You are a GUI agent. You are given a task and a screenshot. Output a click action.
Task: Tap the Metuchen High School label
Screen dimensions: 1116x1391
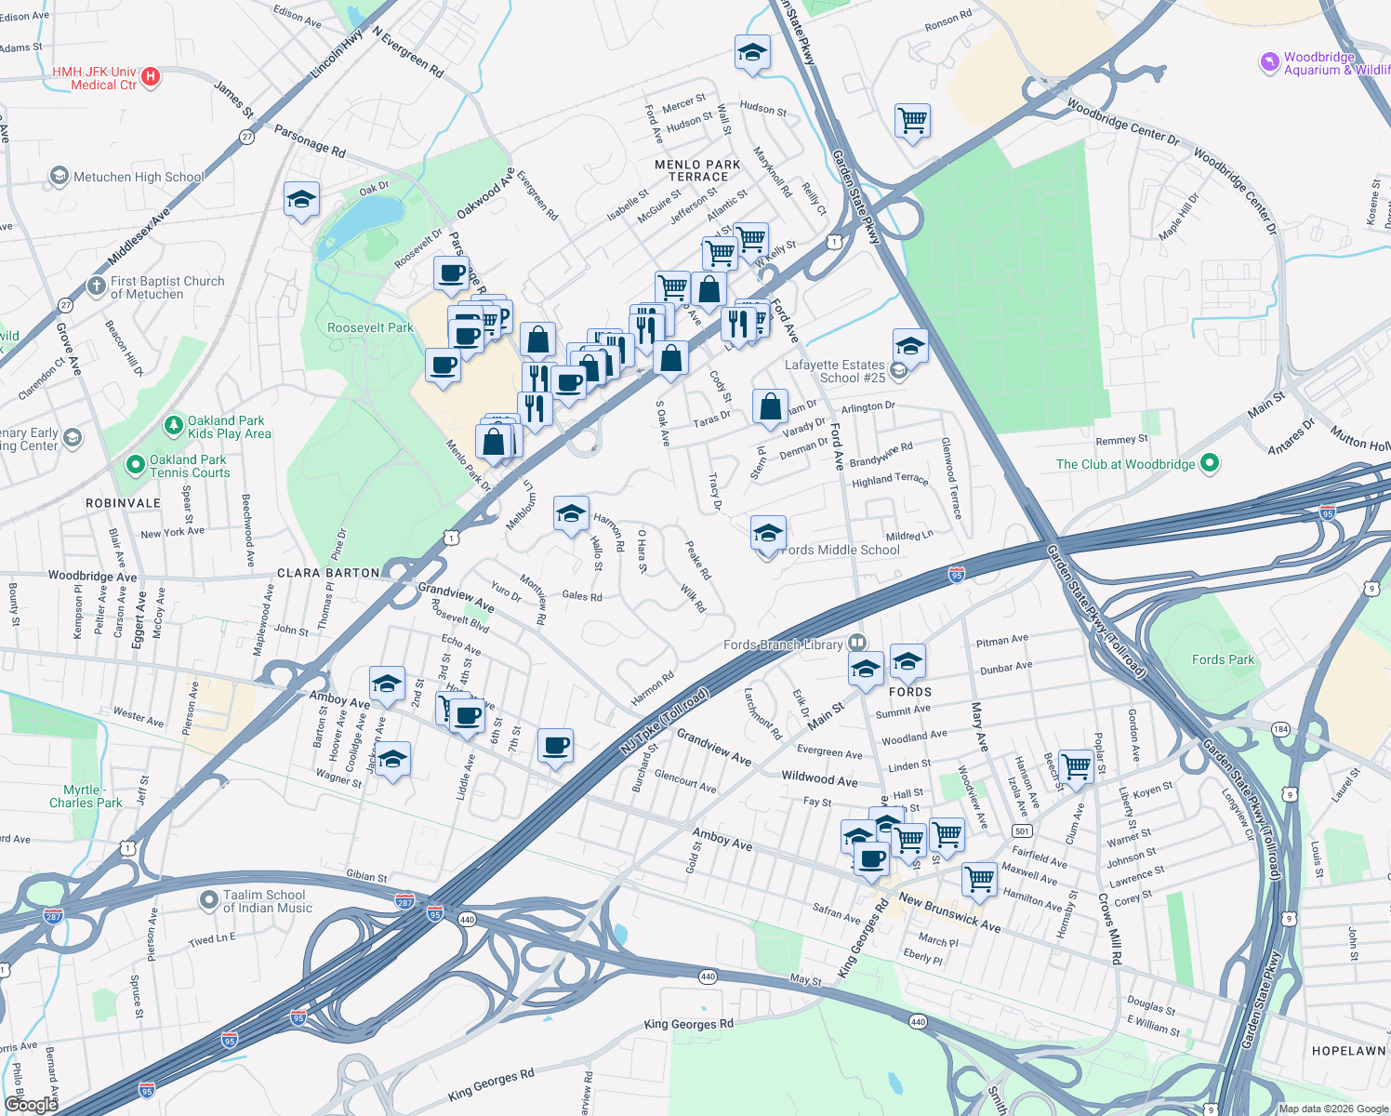pos(138,177)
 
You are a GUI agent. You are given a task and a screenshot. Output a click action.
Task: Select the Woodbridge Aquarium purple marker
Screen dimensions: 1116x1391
pos(1269,63)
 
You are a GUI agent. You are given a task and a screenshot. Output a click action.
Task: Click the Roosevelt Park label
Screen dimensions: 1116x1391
pos(370,327)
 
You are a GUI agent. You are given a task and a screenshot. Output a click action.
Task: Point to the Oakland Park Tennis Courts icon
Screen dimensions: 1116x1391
pos(136,463)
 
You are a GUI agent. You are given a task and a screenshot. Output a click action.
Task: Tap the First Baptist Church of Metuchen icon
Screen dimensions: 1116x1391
pos(97,286)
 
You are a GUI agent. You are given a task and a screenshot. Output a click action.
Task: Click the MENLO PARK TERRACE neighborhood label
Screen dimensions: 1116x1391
pos(697,170)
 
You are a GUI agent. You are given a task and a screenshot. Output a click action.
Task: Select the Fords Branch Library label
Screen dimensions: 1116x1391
pos(783,644)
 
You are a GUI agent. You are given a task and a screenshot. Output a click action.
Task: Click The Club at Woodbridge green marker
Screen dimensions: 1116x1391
pos(1209,463)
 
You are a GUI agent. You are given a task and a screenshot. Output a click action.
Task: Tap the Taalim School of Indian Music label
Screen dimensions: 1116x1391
pos(268,901)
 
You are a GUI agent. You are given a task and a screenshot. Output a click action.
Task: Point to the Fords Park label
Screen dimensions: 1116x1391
pos(1223,659)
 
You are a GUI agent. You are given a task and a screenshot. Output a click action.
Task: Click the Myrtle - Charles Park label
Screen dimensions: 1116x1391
pos(86,796)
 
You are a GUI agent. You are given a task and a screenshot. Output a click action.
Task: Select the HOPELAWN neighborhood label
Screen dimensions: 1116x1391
pos(1348,1051)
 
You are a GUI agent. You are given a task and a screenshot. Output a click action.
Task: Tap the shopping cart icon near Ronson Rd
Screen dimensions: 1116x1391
pos(912,120)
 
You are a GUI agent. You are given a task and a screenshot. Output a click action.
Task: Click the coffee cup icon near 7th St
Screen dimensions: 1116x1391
pos(555,745)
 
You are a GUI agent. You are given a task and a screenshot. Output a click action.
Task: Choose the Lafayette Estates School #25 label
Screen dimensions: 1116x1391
pos(835,371)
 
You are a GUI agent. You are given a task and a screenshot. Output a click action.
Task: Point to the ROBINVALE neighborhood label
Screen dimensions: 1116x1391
pos(123,503)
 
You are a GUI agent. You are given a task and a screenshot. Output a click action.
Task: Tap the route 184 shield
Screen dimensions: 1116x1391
pos(1281,729)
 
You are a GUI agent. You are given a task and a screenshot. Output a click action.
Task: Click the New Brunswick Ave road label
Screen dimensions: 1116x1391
pos(949,913)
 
